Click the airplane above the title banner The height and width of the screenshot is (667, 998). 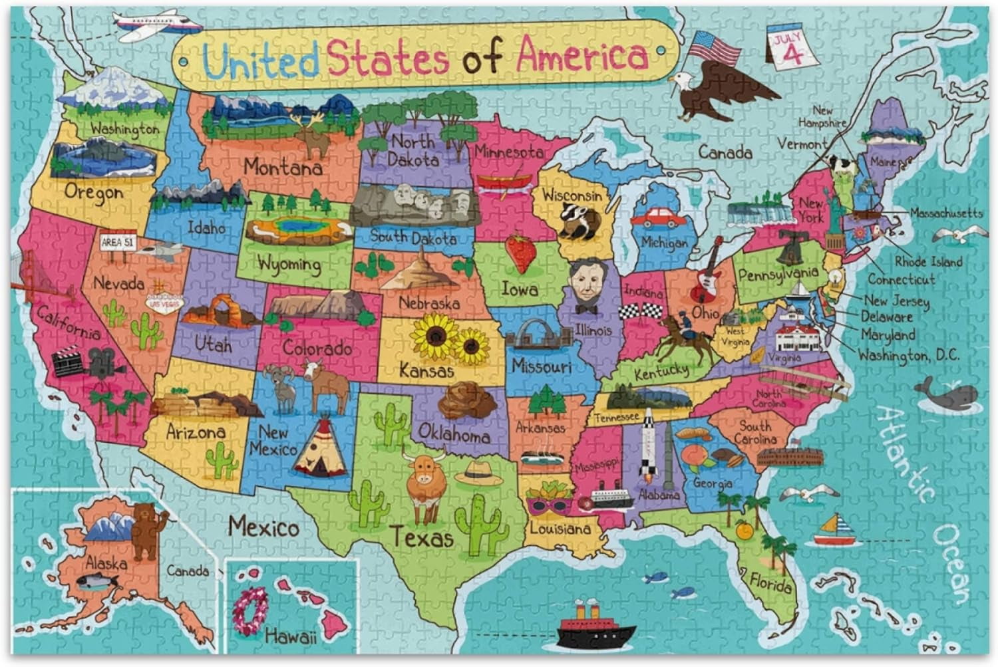pos(156,24)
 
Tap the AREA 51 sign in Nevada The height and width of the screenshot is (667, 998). pos(117,243)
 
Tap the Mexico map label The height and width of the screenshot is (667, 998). pos(263,527)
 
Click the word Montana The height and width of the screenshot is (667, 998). pos(282,166)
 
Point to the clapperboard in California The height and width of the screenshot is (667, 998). pos(69,362)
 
